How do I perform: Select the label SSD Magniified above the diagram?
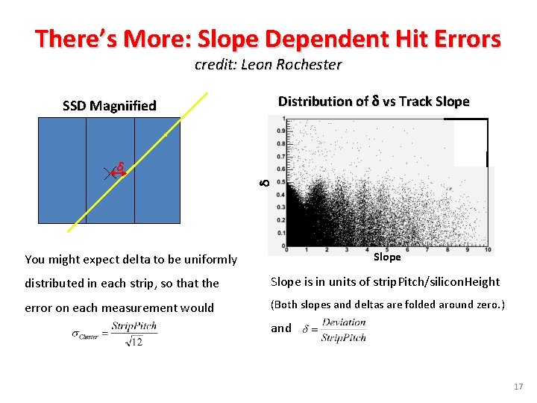pos(110,105)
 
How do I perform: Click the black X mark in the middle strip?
pos(109,174)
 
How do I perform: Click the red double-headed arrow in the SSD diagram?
pos(119,173)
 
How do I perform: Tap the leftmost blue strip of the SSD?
pos(62,171)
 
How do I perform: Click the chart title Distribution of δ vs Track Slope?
pos(374,101)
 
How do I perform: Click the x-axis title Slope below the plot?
pos(387,257)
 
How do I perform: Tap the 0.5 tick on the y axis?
pos(280,181)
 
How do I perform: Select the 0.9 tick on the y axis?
pos(280,131)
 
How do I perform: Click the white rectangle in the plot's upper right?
pos(470,143)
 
